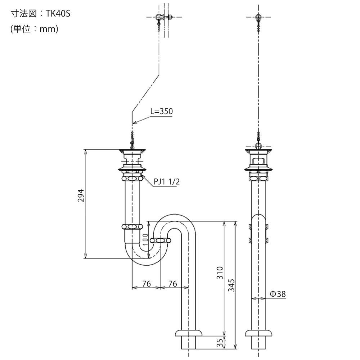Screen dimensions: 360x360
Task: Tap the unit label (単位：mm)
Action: [x=35, y=29]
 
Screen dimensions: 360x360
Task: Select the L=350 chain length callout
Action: [x=161, y=111]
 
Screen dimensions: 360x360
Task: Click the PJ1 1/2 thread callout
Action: [x=167, y=182]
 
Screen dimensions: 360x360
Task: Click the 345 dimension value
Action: [x=231, y=285]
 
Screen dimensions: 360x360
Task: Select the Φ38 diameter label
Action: [x=278, y=294]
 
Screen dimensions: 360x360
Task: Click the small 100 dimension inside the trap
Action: [x=145, y=238]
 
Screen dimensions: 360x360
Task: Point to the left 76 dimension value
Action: [x=146, y=284]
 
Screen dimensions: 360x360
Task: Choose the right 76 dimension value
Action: [x=173, y=284]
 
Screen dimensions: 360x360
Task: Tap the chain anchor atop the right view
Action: [x=258, y=17]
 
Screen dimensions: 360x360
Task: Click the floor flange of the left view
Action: [x=188, y=332]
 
